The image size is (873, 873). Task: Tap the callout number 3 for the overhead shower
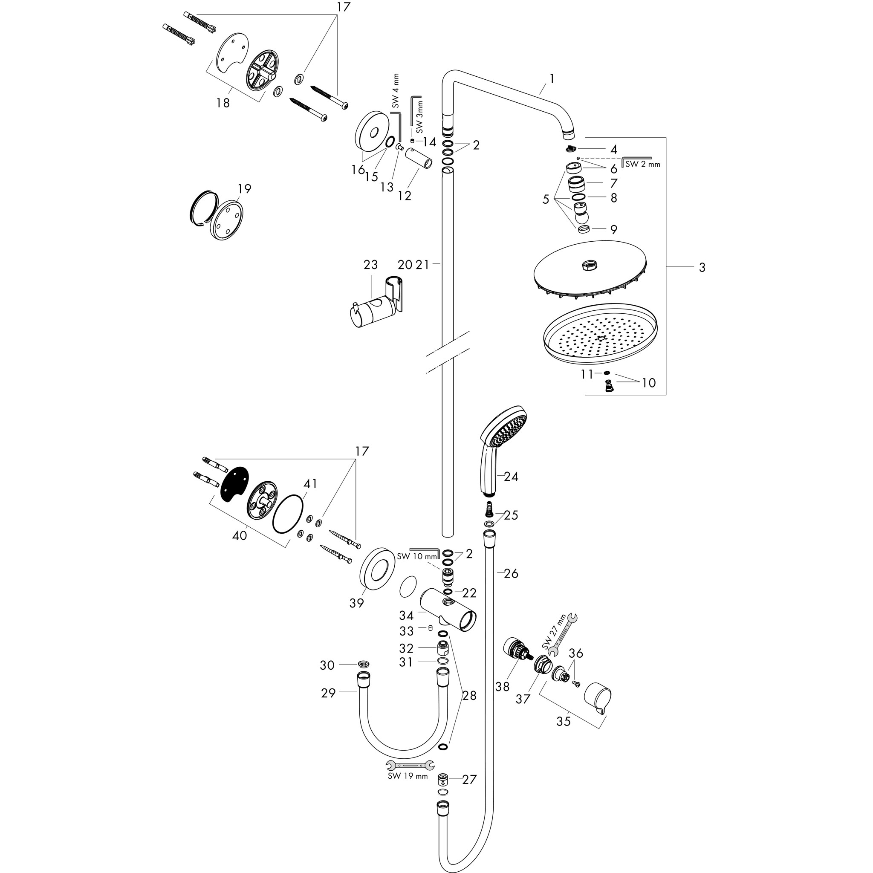click(x=701, y=268)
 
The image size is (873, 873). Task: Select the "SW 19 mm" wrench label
click(x=408, y=776)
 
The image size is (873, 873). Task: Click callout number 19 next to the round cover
click(x=244, y=188)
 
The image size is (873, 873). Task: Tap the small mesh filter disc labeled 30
click(x=363, y=664)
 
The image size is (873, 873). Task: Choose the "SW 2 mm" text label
click(x=642, y=164)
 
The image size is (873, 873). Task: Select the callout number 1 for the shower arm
click(x=551, y=78)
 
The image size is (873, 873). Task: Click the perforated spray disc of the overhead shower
click(x=600, y=335)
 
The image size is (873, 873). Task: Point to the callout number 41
click(x=310, y=483)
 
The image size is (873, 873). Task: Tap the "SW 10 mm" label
click(x=417, y=556)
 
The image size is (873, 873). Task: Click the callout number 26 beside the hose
click(x=511, y=573)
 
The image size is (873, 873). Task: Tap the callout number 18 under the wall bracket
click(x=223, y=103)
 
